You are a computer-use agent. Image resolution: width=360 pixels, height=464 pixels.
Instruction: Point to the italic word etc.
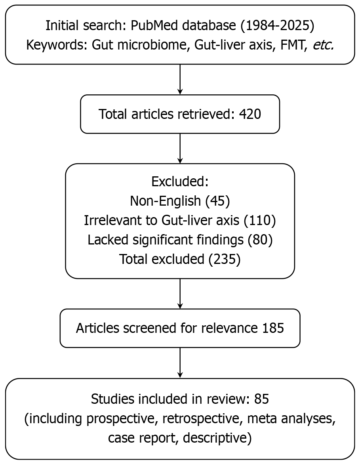pyautogui.click(x=323, y=45)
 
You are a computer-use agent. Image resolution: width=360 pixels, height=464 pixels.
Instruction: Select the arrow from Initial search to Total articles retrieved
pyautogui.click(x=180, y=79)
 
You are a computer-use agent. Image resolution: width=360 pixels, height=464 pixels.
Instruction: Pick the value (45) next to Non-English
pyautogui.click(x=217, y=201)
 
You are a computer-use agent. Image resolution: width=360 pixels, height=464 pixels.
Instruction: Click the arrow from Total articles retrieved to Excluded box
pyautogui.click(x=180, y=148)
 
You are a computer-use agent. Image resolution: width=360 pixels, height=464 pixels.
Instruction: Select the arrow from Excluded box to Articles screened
pyautogui.click(x=180, y=293)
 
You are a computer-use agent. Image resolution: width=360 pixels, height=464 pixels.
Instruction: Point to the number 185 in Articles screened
pyautogui.click(x=273, y=328)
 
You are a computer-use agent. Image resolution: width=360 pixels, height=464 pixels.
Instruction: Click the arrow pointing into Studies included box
pyautogui.click(x=180, y=363)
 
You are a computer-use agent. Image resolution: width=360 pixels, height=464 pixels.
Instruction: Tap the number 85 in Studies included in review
pyautogui.click(x=262, y=399)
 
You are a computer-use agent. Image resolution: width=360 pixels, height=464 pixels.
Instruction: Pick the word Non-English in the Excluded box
pyautogui.click(x=166, y=201)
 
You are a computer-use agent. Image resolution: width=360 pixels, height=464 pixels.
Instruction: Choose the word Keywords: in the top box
pyautogui.click(x=57, y=45)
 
